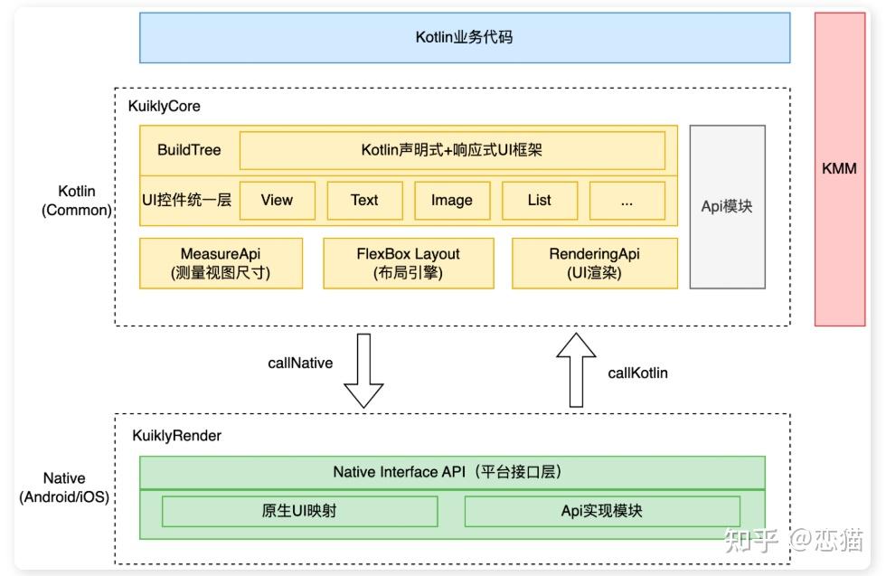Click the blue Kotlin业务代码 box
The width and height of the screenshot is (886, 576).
[464, 38]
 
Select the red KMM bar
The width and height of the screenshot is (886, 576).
[839, 169]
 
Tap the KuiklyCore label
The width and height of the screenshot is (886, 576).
[164, 106]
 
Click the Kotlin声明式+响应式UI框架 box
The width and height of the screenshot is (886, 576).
[452, 150]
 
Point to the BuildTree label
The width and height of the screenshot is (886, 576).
[189, 150]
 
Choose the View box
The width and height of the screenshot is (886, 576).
[277, 201]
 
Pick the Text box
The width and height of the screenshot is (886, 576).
[364, 201]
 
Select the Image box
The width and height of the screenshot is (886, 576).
[452, 201]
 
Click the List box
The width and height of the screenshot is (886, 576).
[540, 201]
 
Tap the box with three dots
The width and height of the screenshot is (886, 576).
[627, 201]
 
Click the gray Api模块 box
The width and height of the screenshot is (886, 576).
[727, 206]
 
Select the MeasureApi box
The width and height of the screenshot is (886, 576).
[221, 263]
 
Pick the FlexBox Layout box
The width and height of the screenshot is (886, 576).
[409, 263]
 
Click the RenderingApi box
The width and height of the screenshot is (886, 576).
[594, 263]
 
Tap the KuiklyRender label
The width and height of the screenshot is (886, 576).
[176, 436]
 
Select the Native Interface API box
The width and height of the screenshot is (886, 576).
[452, 472]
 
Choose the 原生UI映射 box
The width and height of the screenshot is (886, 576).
[299, 511]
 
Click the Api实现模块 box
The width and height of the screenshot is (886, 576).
[601, 511]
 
